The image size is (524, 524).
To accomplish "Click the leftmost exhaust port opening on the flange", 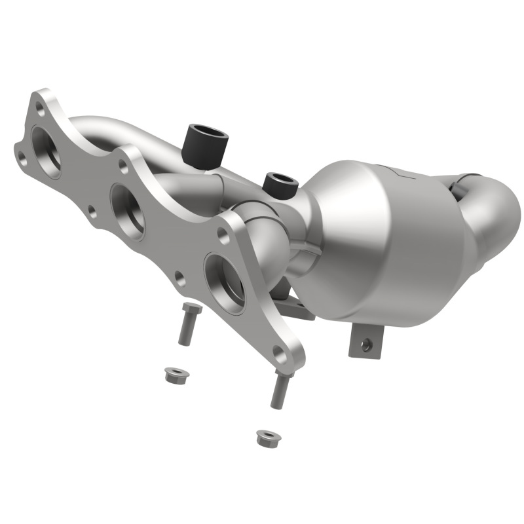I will (x=46, y=149).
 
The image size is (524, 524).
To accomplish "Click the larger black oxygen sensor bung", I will (x=206, y=141).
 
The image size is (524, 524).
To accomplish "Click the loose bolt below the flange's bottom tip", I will (x=280, y=390).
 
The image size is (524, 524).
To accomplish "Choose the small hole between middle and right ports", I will (x=179, y=280).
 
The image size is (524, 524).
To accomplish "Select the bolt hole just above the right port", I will (x=223, y=236).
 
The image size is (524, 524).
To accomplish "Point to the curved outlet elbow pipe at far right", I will (x=495, y=210).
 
